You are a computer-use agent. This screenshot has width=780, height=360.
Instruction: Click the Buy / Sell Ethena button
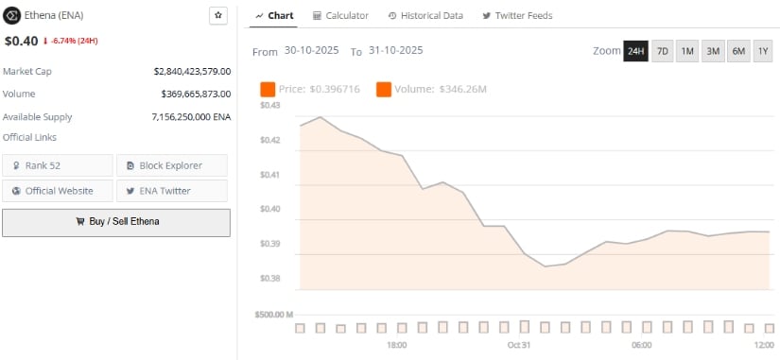116,222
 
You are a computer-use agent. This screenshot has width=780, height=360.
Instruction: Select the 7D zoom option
662,51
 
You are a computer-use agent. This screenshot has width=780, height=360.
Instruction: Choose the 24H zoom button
635,51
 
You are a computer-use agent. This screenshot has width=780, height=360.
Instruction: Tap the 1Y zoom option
763,51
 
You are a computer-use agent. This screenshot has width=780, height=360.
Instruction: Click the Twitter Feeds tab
517,16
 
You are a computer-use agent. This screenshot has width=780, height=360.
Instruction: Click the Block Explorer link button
171,165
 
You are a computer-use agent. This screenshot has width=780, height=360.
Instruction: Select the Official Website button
58,191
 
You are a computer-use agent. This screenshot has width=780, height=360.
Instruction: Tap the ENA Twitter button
171,191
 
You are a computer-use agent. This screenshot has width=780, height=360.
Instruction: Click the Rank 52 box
58,165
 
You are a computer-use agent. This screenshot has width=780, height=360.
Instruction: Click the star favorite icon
217,16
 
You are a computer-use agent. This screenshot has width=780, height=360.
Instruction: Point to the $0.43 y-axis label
269,106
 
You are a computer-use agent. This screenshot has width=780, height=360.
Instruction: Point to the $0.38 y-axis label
269,279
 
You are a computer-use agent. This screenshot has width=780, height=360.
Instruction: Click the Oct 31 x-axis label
519,346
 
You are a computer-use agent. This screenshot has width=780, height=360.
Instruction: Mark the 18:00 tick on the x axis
396,346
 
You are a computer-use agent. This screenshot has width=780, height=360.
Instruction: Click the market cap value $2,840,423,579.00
192,71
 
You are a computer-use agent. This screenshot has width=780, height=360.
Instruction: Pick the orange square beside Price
268,90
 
